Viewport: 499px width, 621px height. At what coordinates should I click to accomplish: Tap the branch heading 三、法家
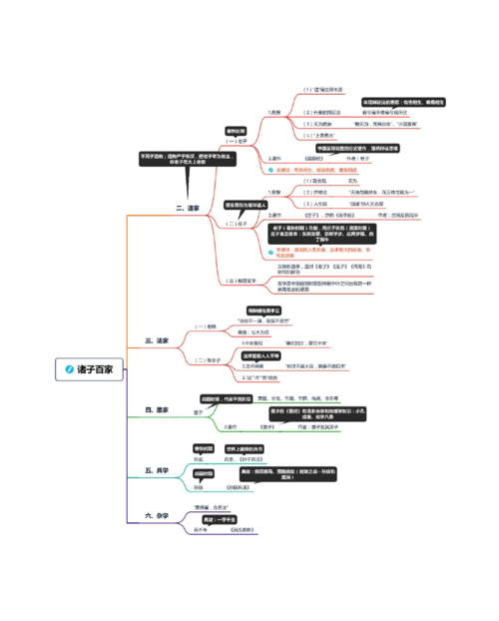coord(157,340)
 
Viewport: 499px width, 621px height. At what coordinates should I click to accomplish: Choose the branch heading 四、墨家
coord(157,409)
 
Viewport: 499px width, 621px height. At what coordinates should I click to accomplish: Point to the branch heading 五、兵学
coord(157,469)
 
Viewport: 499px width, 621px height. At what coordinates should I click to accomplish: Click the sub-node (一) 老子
coord(237,142)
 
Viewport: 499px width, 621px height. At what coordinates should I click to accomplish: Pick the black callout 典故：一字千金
coord(226,520)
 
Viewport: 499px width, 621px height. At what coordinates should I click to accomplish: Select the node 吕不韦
coord(194,530)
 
